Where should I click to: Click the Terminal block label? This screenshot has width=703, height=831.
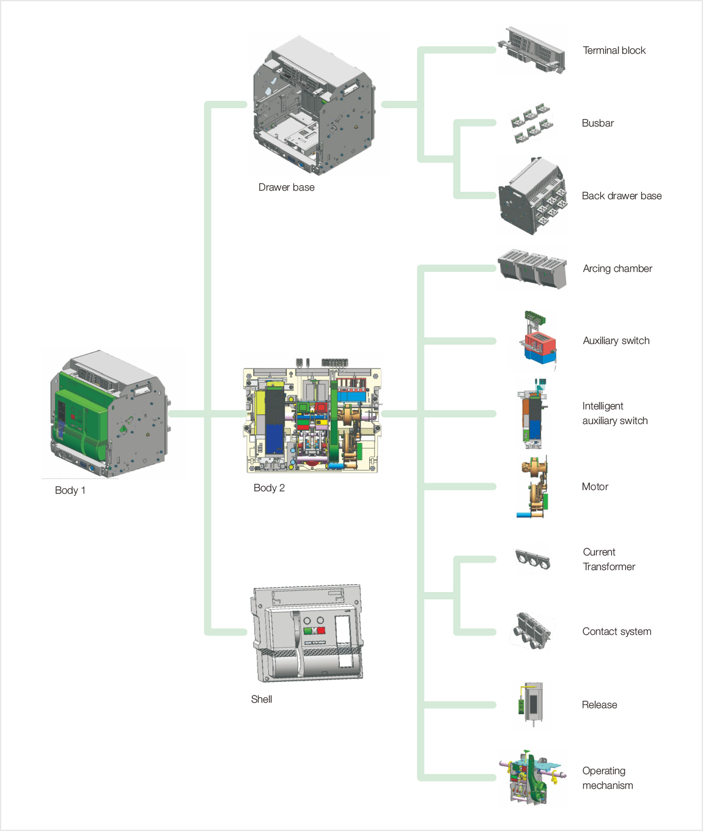614,51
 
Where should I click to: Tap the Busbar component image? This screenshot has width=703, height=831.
531,123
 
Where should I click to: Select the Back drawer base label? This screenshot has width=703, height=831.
621,196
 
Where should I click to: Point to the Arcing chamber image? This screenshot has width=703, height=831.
532,268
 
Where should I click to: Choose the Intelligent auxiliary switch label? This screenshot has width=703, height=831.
614,414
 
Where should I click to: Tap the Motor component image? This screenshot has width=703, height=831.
533,487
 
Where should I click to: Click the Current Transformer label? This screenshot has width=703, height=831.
608,560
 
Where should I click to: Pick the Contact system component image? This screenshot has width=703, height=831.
532,631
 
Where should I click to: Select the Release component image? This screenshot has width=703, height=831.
531,705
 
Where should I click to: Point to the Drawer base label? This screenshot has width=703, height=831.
286,188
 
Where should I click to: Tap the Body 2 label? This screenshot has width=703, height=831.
269,488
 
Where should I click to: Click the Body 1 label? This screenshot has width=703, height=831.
70,491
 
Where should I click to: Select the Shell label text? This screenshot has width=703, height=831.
261,700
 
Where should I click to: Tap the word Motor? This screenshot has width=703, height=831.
595,487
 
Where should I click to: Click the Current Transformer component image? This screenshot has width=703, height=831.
532,559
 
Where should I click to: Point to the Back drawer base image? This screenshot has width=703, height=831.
532,196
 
